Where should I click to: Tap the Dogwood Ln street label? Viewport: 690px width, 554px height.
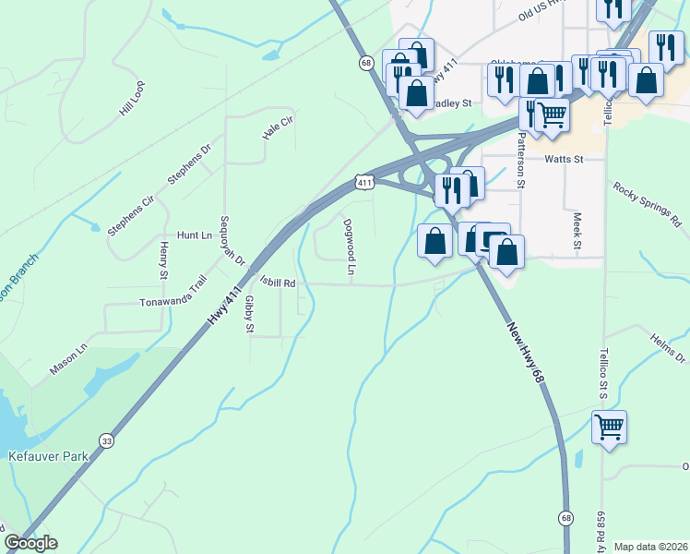[x=350, y=247]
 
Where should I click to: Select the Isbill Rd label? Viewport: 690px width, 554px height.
[x=277, y=283]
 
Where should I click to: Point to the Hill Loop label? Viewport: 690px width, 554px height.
[x=132, y=97]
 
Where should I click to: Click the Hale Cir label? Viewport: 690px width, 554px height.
[x=277, y=127]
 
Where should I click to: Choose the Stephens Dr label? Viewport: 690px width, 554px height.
[x=189, y=163]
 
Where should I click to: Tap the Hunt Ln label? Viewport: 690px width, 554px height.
[x=194, y=235]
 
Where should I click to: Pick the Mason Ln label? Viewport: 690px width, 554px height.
[x=68, y=359]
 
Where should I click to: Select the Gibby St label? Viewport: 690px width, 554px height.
[x=249, y=314]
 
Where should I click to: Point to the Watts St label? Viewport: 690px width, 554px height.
[x=565, y=159]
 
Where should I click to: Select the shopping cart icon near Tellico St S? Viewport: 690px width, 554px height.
[x=609, y=428]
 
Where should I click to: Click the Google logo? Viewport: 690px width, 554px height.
[x=30, y=543]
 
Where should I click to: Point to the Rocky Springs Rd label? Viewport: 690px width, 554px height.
[x=646, y=203]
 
